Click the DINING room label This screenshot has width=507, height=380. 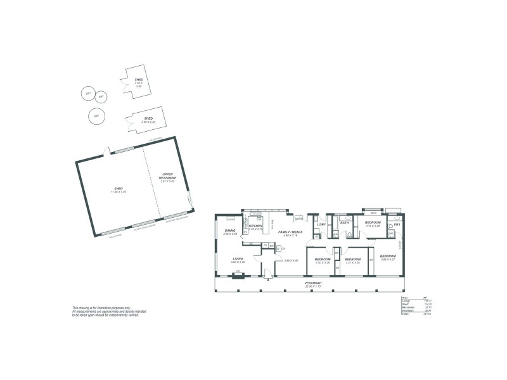[230, 231]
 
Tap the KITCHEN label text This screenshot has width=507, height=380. [256, 225]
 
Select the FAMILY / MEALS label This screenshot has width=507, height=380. [291, 232]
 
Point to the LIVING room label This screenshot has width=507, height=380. [238, 258]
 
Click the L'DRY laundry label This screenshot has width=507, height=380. [321, 224]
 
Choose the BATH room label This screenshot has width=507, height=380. [344, 223]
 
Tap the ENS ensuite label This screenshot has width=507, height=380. [397, 224]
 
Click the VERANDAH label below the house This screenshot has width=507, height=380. [314, 282]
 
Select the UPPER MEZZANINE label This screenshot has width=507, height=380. [168, 176]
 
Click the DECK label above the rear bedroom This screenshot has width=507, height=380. [374, 213]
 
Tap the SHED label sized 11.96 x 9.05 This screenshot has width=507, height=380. [119, 189]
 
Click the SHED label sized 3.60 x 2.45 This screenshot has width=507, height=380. [148, 118]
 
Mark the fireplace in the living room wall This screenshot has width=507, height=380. [238, 275]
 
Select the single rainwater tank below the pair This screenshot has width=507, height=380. [96, 117]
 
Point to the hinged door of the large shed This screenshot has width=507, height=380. [110, 151]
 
